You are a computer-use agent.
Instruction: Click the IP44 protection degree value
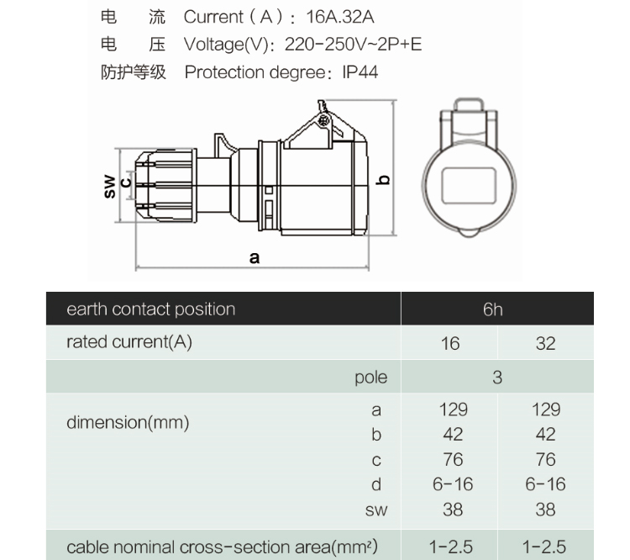point(360,72)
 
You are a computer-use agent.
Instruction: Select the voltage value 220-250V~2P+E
point(354,44)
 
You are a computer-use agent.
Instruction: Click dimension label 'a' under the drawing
point(255,257)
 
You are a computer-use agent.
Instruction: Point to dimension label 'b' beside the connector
point(384,179)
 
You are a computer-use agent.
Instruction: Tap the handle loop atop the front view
point(471,114)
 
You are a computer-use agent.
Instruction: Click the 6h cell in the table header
point(493,309)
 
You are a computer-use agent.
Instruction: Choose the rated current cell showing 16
point(450,344)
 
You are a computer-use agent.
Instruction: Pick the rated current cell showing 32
point(545,344)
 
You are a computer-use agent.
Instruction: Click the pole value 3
point(497,378)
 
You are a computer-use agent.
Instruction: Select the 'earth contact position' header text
point(150,309)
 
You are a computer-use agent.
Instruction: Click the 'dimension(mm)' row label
point(127,422)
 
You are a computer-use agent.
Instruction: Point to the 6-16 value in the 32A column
point(545,484)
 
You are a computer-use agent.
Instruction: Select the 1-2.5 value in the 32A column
point(545,547)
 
